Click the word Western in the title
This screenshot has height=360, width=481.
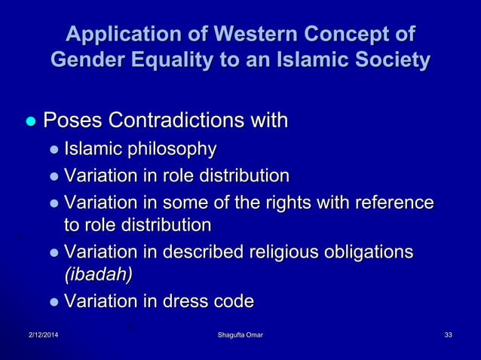(x=247, y=35)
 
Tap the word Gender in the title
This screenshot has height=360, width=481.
(x=87, y=60)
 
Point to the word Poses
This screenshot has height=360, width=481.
(x=73, y=121)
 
